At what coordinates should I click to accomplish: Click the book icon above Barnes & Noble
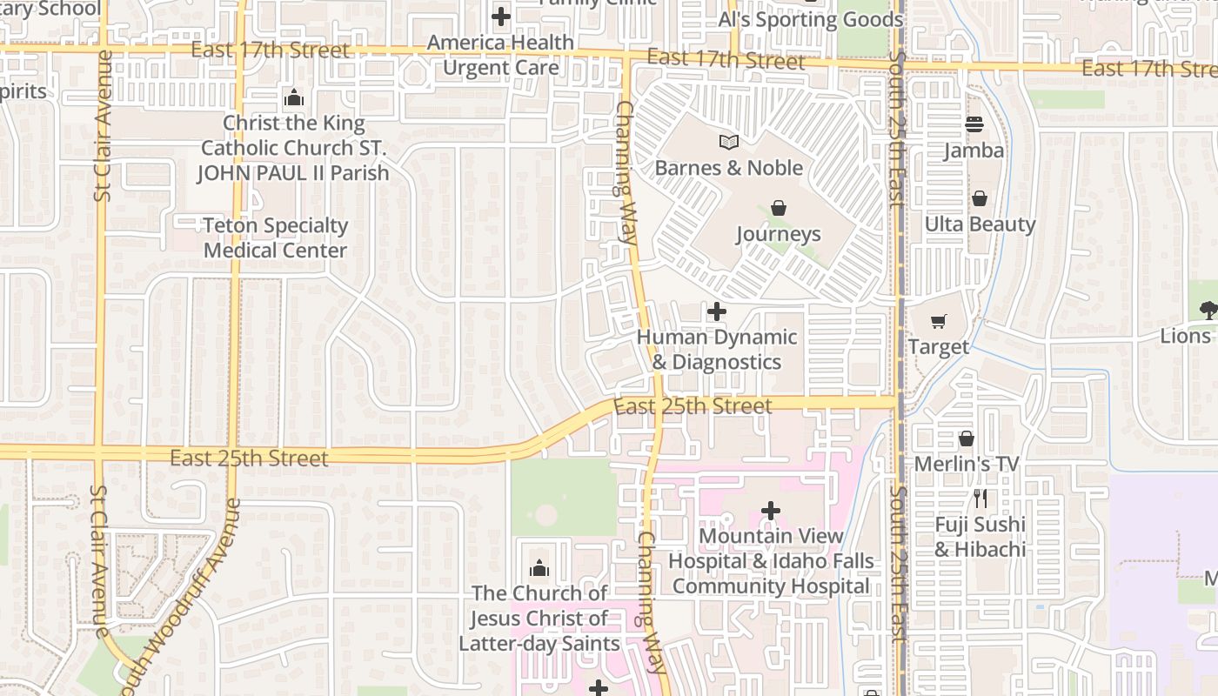point(728,142)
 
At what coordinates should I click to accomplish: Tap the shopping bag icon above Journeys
point(779,208)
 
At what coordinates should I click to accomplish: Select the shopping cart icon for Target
point(938,322)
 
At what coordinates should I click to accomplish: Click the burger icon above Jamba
point(974,124)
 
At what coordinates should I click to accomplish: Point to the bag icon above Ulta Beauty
point(980,198)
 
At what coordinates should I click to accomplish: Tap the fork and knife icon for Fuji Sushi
point(980,499)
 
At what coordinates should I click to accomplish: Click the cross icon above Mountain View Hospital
point(770,511)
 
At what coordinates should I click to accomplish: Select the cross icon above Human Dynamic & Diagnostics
point(717,311)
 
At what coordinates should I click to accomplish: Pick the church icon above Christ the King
point(294,97)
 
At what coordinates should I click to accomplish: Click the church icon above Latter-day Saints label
point(539,568)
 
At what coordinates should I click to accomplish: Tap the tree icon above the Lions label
point(1208,310)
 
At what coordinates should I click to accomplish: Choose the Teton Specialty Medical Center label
point(275,238)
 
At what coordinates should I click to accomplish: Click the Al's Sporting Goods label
point(811,19)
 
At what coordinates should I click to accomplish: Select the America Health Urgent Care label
point(500,55)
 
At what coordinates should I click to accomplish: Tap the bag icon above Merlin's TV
point(966,438)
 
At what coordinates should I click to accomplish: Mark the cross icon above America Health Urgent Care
point(500,17)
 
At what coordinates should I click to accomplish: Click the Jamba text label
point(974,151)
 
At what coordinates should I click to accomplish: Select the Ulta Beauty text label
point(980,224)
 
